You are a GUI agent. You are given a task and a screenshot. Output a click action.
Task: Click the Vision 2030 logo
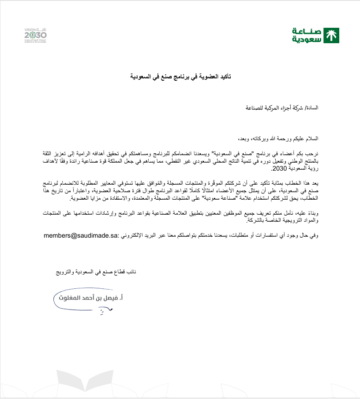[35, 34]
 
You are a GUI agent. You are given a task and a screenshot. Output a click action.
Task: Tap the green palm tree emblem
[332, 35]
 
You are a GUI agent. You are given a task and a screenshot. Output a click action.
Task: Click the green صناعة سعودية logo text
[307, 35]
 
